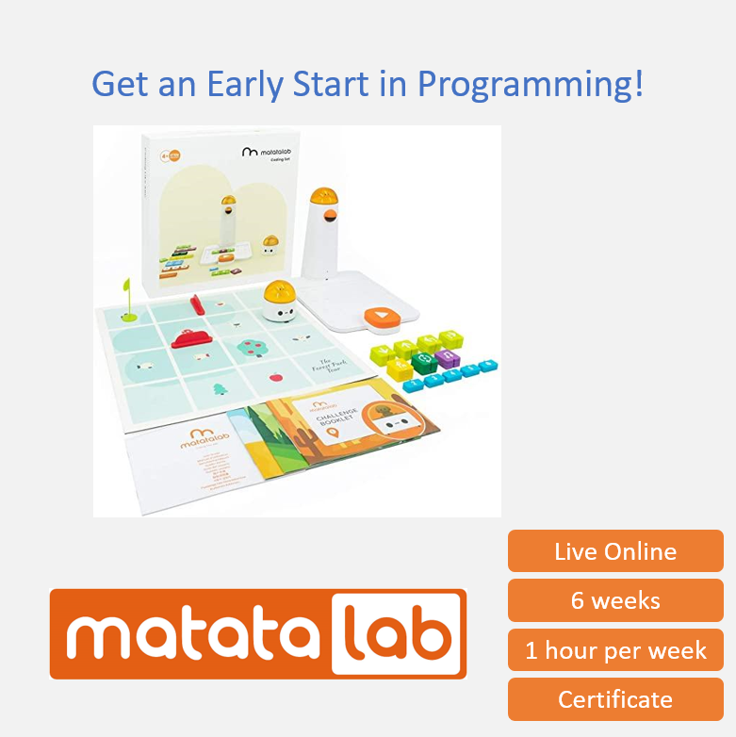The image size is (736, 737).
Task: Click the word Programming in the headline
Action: tap(531, 85)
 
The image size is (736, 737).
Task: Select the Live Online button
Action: tap(615, 551)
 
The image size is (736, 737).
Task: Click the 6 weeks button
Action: tap(615, 600)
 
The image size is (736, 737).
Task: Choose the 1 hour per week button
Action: tap(615, 650)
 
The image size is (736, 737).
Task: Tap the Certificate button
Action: tap(615, 699)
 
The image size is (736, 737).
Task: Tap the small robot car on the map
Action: tap(280, 301)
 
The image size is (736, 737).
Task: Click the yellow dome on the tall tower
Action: tap(325, 197)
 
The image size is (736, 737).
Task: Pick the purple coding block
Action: tap(449, 358)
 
